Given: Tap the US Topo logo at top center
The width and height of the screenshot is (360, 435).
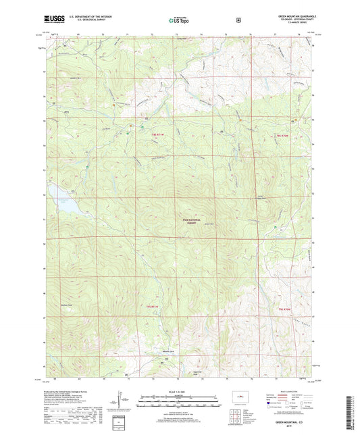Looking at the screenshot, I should click(179, 21).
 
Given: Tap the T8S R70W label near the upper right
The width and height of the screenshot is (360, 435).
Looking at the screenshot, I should click(282, 136).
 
